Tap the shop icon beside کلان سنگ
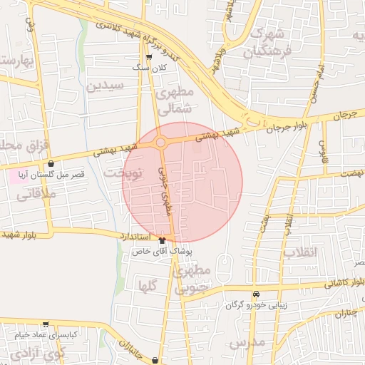[148, 58]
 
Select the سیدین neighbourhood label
[105, 86]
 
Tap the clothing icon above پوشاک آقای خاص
[162, 240]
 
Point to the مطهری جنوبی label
[193, 279]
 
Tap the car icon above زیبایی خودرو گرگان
[255, 294]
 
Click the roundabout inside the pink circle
[161, 143]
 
